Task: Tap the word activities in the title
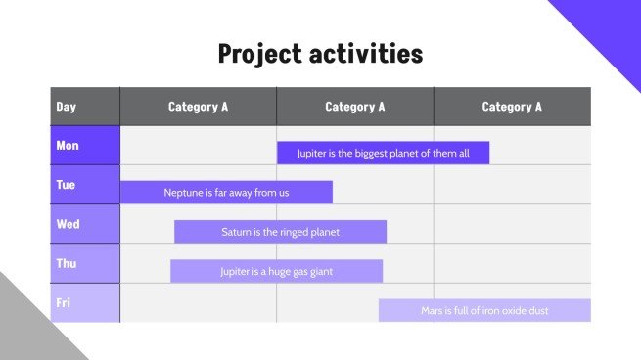pyautogui.click(x=366, y=53)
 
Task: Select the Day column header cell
pyautogui.click(x=84, y=107)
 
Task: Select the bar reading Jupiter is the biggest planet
pyautogui.click(x=383, y=153)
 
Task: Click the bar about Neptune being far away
pyautogui.click(x=226, y=193)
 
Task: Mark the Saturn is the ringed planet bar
pyautogui.click(x=280, y=232)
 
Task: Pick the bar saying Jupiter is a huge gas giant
pyautogui.click(x=276, y=271)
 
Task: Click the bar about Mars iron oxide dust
pyautogui.click(x=484, y=310)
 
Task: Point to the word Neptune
pyautogui.click(x=184, y=193)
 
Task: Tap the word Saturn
pyautogui.click(x=238, y=232)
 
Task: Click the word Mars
pyautogui.click(x=433, y=310)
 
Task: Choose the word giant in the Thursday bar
pyautogui.click(x=321, y=271)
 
